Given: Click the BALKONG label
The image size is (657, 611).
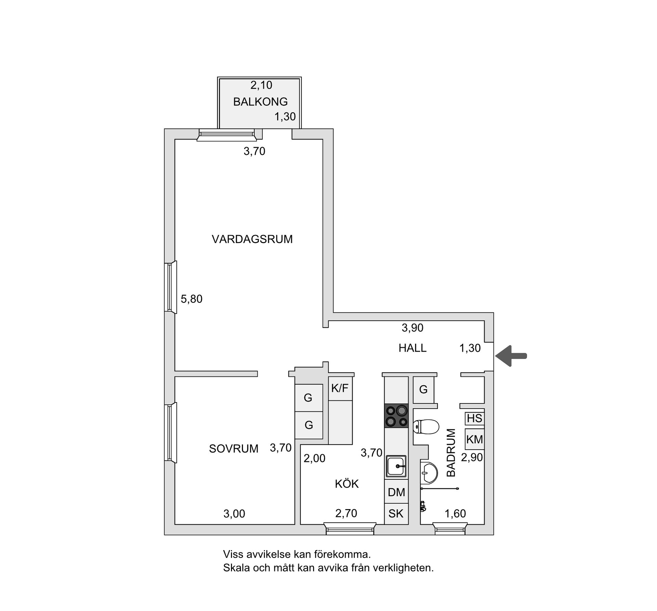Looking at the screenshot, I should click(x=260, y=102).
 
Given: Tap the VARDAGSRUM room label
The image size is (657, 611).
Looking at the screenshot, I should click(x=252, y=239).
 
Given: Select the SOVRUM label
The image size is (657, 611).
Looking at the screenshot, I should click(x=234, y=449).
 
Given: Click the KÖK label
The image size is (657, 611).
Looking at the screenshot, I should click(x=347, y=484).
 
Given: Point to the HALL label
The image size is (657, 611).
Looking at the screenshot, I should click(x=412, y=348).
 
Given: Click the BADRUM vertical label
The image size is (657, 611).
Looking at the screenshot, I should click(x=451, y=453).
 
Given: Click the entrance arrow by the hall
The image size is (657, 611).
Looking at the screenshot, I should click(x=511, y=356).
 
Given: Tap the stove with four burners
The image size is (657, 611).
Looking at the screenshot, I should click(x=396, y=416).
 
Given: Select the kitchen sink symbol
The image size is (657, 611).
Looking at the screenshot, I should click(x=396, y=466).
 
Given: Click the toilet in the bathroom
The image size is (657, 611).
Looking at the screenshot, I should click(x=426, y=427).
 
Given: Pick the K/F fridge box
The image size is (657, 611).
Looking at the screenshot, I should click(x=340, y=388).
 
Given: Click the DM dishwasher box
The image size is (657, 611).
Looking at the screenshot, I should click(x=396, y=492).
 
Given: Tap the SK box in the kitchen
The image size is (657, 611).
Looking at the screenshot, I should click(x=396, y=514).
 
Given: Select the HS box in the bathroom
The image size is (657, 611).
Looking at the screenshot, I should click(x=474, y=419).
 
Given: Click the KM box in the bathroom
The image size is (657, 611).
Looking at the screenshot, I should click(x=474, y=439).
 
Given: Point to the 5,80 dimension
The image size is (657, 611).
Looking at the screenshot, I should click(x=192, y=299).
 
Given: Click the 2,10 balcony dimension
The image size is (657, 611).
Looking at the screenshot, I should click(x=261, y=85).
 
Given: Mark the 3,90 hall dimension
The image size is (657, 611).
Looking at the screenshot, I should click(x=412, y=328).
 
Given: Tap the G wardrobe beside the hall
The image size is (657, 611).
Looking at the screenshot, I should click(x=423, y=389).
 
